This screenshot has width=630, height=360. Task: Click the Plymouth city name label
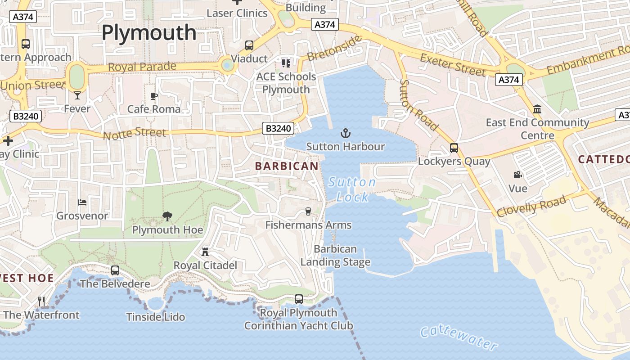tap(149, 32)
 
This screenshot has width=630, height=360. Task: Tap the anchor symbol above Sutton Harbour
tap(345, 133)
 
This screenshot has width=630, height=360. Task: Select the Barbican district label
tap(287, 166)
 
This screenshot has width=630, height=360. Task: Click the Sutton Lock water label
tap(352, 189)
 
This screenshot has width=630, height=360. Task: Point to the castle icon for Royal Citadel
tap(205, 252)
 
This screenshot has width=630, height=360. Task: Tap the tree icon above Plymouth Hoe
tap(167, 216)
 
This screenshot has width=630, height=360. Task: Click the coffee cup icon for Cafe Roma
tap(154, 96)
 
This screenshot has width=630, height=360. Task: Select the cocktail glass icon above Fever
tap(77, 95)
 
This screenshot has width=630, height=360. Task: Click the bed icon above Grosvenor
tap(82, 202)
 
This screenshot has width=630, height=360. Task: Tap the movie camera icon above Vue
tap(517, 175)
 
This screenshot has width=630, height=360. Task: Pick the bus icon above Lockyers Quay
tap(454, 148)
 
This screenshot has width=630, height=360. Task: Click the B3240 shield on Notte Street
tap(278, 129)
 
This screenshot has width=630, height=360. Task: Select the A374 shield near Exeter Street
tap(509, 80)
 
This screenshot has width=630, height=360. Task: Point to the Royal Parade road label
tap(142, 67)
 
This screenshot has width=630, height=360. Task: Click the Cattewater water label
tap(459, 338)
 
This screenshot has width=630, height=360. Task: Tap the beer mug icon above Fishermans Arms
tap(308, 211)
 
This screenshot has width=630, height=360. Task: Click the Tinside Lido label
tap(156, 317)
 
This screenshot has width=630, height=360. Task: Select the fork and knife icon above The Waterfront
tap(41, 301)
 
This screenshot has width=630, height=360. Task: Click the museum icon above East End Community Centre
tap(537, 109)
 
